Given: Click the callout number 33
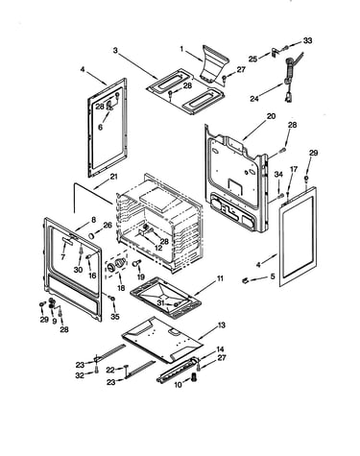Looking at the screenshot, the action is (307, 40).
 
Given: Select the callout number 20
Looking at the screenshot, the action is (271, 116).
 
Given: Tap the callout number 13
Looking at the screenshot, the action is (221, 325).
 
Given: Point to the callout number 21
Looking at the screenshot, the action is (113, 177).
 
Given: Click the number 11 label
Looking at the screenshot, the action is (220, 278).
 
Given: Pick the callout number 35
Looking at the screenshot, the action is (115, 317).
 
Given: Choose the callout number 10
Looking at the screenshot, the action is (178, 384).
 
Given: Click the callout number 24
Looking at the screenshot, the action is (254, 99).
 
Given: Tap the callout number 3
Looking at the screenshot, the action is (115, 50).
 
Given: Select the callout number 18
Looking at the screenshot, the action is (121, 288).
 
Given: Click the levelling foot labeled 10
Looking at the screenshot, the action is (194, 377).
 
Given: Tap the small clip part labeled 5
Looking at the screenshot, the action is (246, 280).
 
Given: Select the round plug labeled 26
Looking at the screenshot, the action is (92, 235).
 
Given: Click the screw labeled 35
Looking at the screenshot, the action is (112, 299).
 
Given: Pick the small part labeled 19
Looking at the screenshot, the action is (136, 263).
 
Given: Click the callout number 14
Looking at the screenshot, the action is (220, 349).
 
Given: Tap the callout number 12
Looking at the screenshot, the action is (158, 248).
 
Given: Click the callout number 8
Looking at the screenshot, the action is (93, 220).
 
